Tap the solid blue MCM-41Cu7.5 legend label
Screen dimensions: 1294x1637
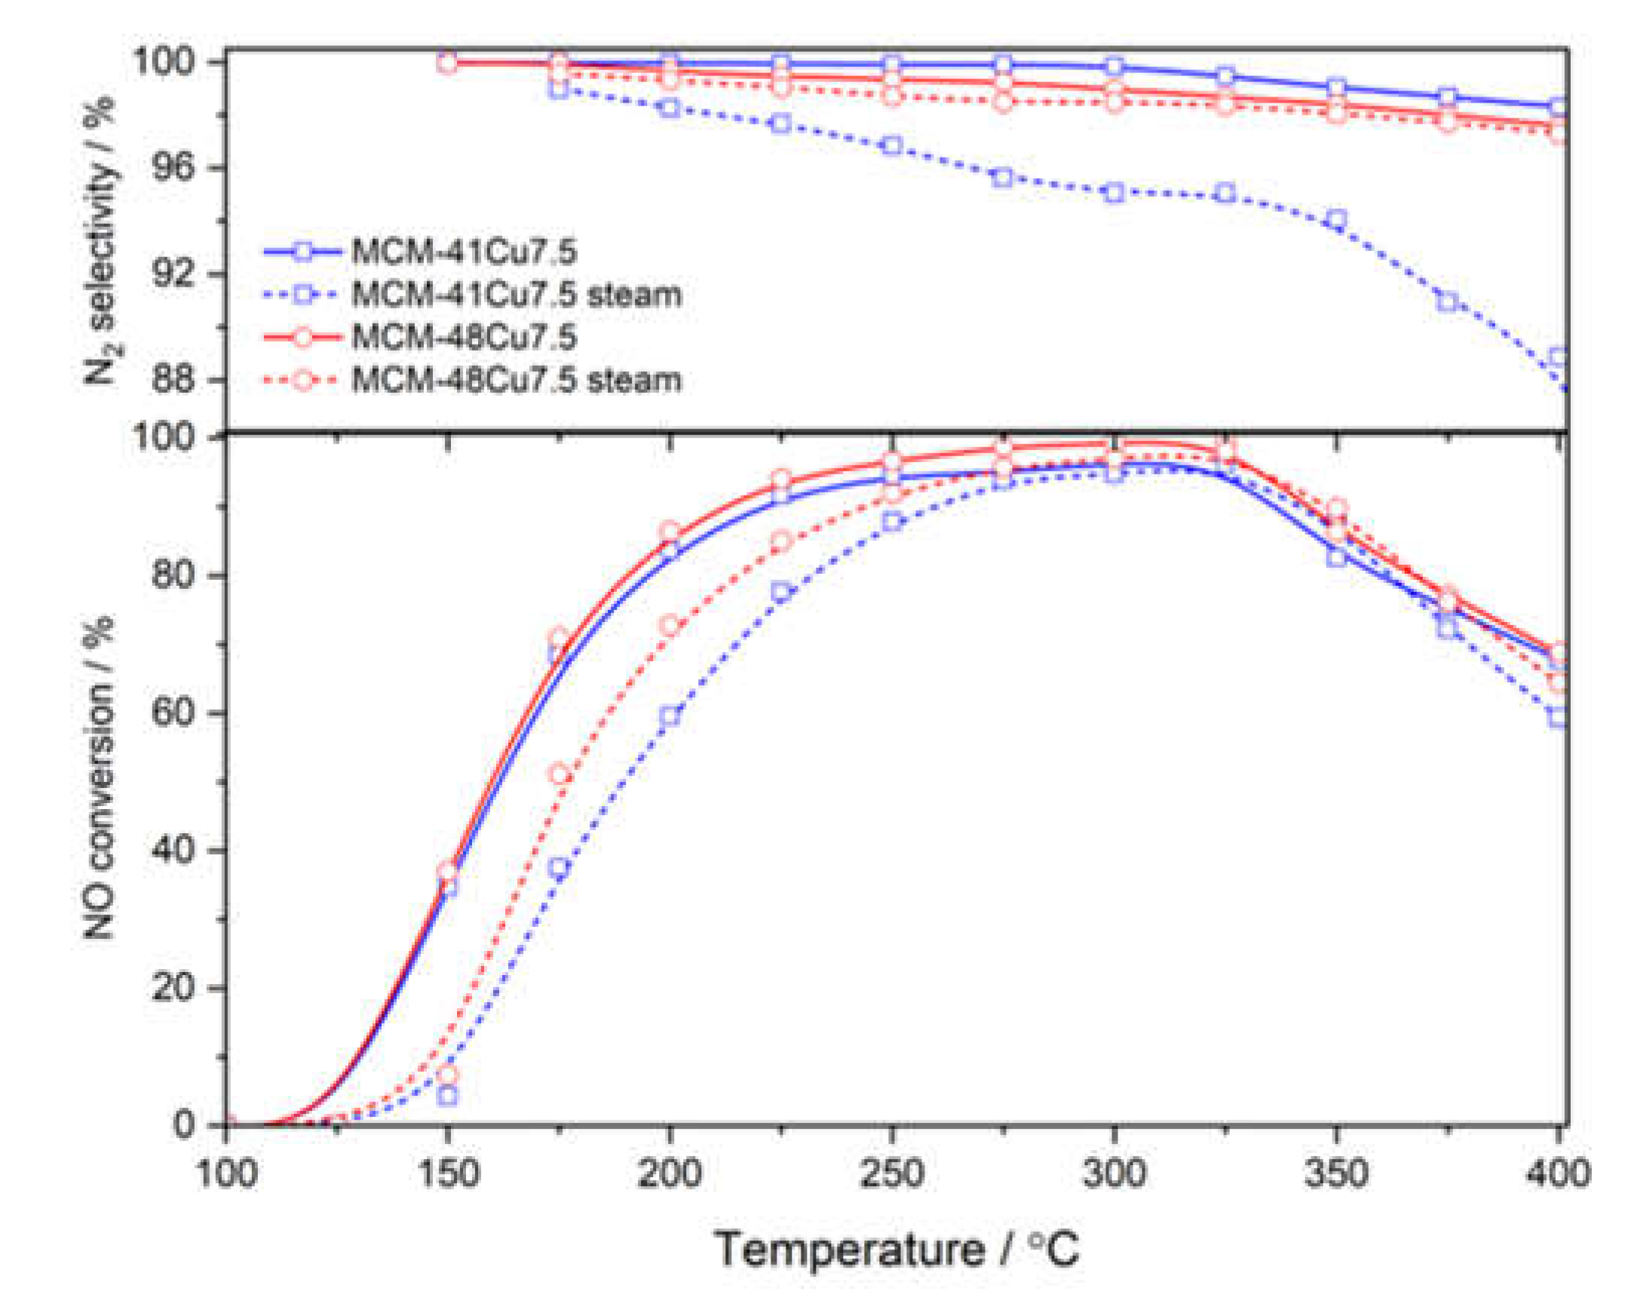tap(464, 252)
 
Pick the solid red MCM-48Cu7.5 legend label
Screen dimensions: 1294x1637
tap(464, 337)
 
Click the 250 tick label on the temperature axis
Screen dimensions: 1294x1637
tap(891, 1173)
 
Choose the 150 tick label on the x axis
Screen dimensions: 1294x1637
tap(448, 1173)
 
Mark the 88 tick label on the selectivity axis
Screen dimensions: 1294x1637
tap(175, 379)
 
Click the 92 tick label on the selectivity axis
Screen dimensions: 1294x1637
tap(175, 274)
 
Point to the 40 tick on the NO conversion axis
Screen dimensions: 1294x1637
tap(175, 850)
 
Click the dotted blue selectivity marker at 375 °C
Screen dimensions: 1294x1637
tap(1447, 302)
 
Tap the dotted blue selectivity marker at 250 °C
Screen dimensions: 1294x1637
tap(892, 146)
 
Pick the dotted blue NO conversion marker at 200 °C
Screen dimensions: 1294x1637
tap(670, 716)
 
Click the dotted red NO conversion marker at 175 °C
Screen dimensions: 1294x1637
tap(559, 774)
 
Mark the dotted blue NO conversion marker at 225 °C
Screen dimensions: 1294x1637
tap(781, 593)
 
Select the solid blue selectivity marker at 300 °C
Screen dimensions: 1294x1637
tap(1114, 66)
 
